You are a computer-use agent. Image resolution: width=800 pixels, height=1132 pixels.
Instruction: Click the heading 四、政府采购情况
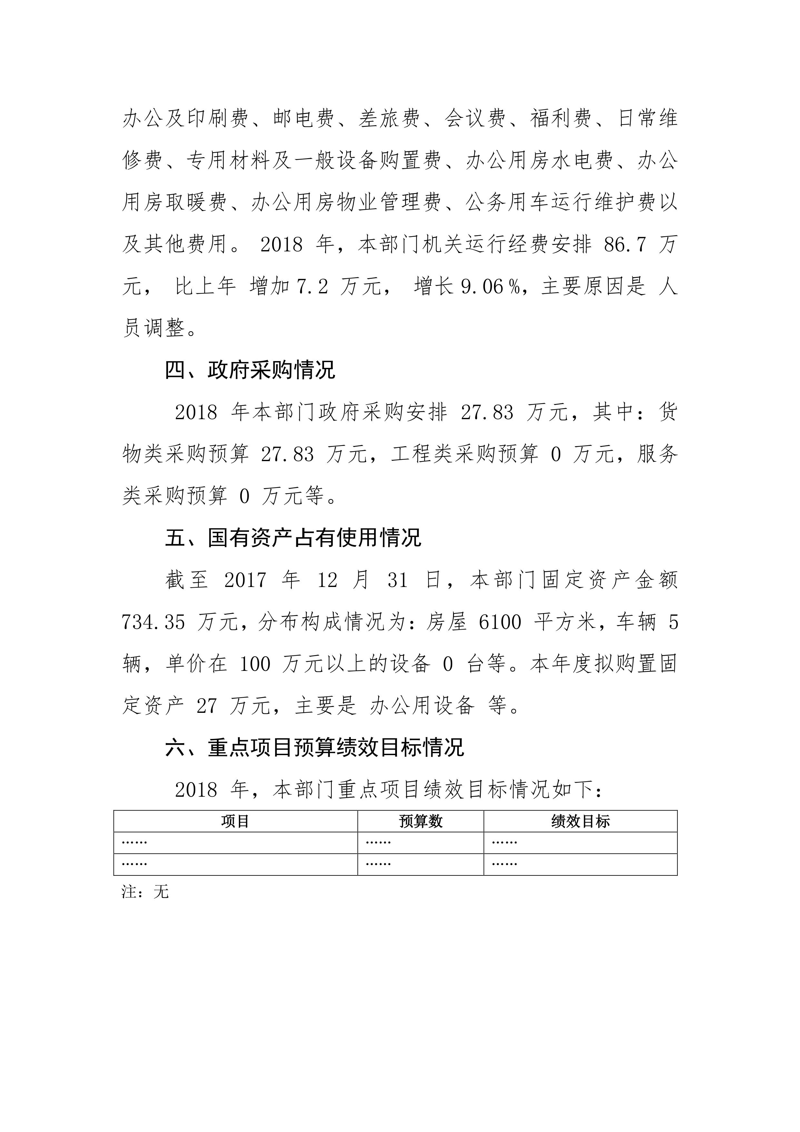(250, 370)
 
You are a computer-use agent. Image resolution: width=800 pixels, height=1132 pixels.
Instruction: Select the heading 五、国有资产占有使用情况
(293, 538)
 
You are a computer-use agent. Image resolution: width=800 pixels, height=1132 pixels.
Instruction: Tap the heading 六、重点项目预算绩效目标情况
(314, 748)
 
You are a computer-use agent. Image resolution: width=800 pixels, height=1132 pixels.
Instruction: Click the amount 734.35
(153, 623)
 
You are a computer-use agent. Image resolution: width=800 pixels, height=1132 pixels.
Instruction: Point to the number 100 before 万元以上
(255, 665)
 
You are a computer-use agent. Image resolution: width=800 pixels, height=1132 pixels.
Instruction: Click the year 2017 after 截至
(245, 580)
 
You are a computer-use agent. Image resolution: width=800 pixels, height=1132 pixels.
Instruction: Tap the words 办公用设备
(422, 706)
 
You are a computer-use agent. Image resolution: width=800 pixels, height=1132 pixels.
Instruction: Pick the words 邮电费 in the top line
(304, 119)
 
